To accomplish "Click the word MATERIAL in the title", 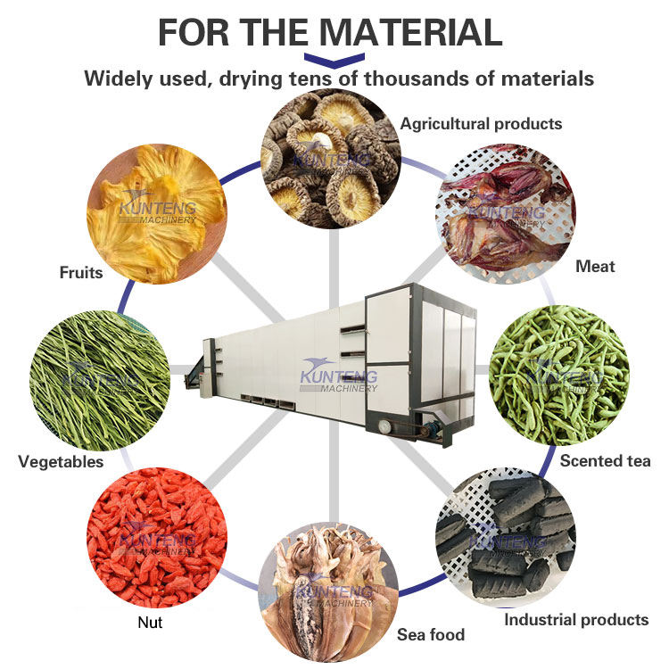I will click(411, 33).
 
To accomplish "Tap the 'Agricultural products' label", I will click(481, 123).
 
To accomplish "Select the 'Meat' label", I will click(595, 266).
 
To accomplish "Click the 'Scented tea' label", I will click(605, 461).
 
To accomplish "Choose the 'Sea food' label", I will click(431, 635).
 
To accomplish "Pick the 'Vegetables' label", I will click(61, 462).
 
